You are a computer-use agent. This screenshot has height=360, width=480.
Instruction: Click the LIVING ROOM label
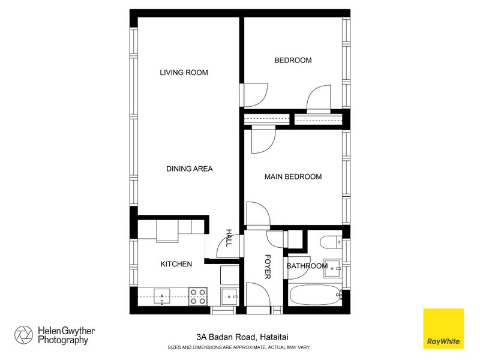(x=184, y=73)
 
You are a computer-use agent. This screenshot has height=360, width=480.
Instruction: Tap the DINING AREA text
(x=189, y=169)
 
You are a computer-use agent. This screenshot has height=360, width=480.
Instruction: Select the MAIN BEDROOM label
(x=293, y=176)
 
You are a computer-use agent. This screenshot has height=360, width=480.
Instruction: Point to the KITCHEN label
(x=176, y=264)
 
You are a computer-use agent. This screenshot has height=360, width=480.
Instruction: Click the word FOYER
(x=268, y=266)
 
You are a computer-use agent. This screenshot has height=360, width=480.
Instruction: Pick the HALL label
(x=228, y=238)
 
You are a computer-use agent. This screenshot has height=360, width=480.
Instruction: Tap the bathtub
(x=315, y=295)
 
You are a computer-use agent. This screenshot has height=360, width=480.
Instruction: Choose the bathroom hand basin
(x=332, y=269)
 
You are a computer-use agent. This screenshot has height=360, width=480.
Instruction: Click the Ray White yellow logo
(x=443, y=328)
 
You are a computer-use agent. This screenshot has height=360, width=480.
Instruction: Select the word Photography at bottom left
(x=63, y=340)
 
